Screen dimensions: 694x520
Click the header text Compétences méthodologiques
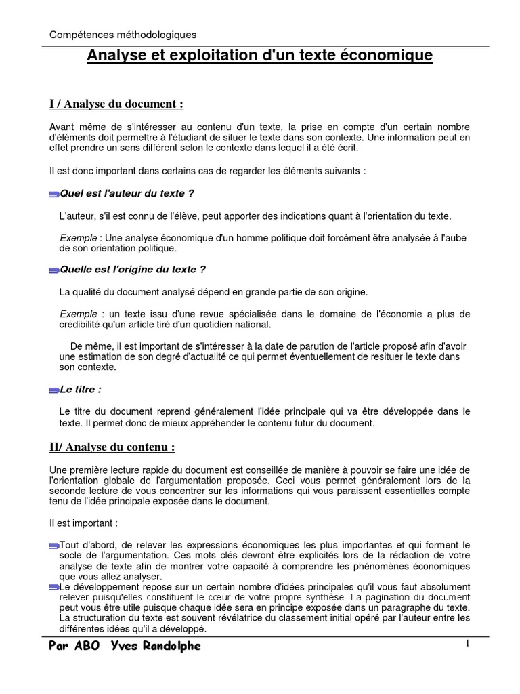(124, 34)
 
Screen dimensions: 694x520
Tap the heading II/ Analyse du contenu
(112, 447)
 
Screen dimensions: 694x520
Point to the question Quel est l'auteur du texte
(127, 193)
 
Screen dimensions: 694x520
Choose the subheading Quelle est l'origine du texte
(133, 269)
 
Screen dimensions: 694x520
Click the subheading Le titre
(81, 390)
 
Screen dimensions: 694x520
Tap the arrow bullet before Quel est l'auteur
(54, 195)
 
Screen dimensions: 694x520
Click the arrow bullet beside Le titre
(54, 391)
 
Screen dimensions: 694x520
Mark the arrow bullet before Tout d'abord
(54, 545)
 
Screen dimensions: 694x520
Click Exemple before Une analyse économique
(79, 238)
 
